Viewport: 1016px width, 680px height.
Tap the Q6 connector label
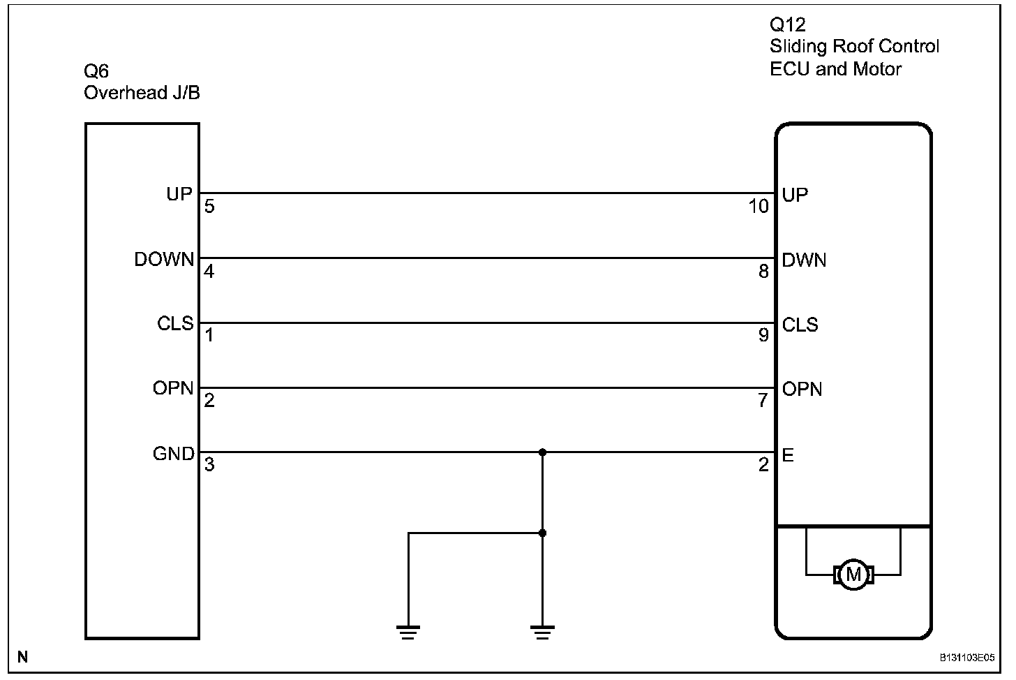pos(96,71)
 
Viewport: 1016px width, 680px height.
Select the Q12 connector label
pos(787,25)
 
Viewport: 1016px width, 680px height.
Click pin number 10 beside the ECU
pos(758,207)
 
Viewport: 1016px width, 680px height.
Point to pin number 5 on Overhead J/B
pos(209,207)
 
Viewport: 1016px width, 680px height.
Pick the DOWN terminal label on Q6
pos(164,260)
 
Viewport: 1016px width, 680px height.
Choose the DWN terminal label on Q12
pos(804,260)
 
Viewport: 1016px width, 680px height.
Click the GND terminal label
pos(173,454)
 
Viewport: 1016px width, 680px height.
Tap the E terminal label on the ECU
pos(788,455)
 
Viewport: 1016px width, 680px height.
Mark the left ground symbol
pos(408,633)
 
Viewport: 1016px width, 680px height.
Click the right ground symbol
pos(543,633)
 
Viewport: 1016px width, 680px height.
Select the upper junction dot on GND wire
pos(543,452)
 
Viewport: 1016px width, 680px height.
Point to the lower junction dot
pos(543,533)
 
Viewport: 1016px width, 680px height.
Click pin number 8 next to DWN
pos(763,271)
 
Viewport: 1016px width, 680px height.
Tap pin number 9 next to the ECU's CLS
pos(763,336)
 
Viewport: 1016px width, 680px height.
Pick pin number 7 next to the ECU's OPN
pos(763,401)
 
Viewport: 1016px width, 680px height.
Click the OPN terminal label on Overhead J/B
pos(173,388)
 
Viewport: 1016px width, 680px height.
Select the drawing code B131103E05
pos(966,658)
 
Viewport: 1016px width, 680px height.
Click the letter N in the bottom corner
pos(23,657)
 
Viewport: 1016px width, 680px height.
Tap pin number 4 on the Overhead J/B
pos(209,272)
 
